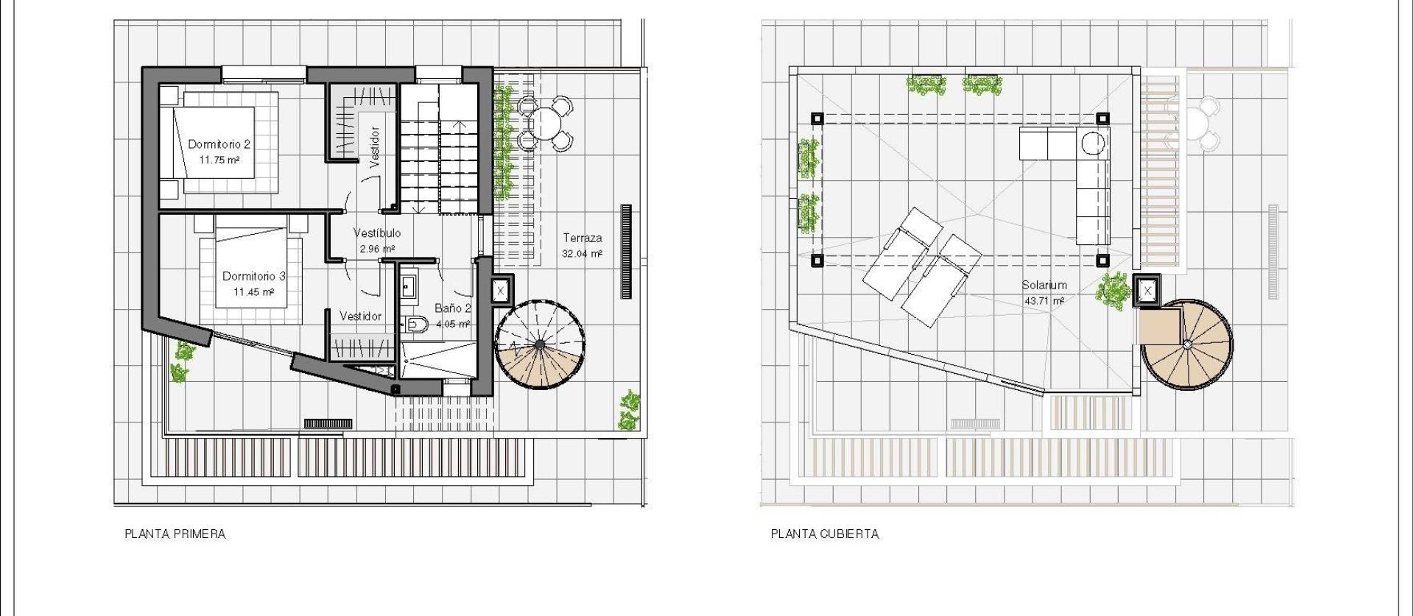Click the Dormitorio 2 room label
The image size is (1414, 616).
(219, 144)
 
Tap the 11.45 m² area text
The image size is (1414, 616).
(253, 292)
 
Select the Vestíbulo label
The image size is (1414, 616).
(376, 233)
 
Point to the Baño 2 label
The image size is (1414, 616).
(452, 309)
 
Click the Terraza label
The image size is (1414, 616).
(583, 238)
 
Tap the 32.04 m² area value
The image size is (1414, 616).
(582, 254)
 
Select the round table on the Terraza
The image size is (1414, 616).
(545, 121)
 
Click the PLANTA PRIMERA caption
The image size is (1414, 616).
(175, 534)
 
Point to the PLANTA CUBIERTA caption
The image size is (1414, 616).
(825, 534)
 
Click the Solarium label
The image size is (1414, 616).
(1044, 286)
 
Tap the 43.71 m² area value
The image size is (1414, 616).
(1044, 301)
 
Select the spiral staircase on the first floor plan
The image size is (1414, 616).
(541, 344)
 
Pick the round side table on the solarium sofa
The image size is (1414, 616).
(1094, 142)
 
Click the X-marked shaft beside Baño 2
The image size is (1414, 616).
(501, 291)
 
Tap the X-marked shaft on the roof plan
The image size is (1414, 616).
(1147, 291)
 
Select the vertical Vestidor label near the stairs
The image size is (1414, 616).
(374, 147)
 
